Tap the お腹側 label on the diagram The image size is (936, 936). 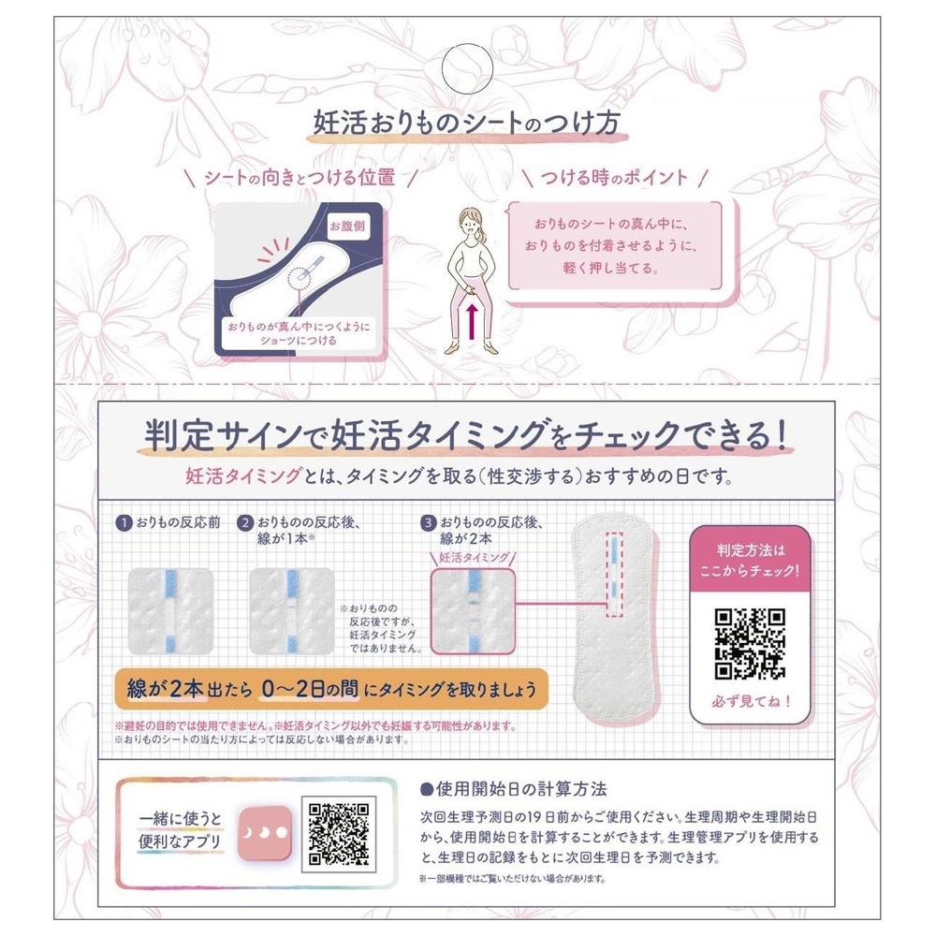click(x=347, y=226)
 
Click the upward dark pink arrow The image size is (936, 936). click(x=472, y=322)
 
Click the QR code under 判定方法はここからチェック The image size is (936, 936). click(x=750, y=644)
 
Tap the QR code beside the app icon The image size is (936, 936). click(x=339, y=834)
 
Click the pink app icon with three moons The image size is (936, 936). click(x=265, y=833)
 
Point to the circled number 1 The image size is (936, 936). click(x=124, y=523)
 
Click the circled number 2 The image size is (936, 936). click(x=244, y=523)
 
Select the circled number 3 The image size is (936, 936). click(x=428, y=523)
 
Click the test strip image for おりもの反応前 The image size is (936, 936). click(x=170, y=610)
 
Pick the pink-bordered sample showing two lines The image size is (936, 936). click(x=473, y=610)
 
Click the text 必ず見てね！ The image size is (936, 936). click(x=751, y=701)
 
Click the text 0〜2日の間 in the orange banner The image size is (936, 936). click(x=310, y=689)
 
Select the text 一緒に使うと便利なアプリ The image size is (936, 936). click(x=180, y=830)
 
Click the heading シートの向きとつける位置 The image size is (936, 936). click(x=300, y=177)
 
